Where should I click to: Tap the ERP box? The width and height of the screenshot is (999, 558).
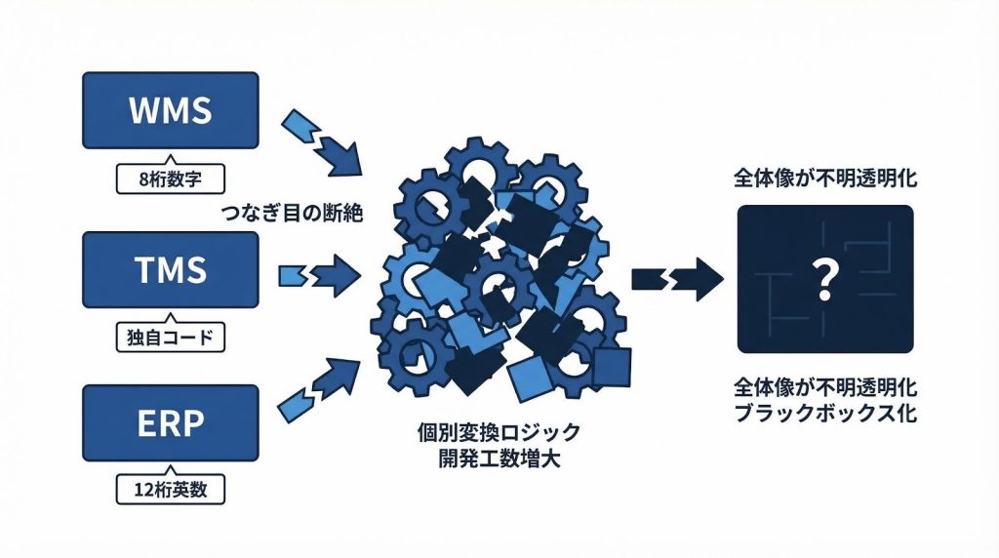coord(170,422)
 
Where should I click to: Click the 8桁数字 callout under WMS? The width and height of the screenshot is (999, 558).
coord(169,179)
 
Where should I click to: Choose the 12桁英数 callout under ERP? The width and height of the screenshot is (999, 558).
coord(169,489)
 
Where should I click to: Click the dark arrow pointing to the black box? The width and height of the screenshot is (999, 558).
coord(677,280)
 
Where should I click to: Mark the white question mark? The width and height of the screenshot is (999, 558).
coord(824,279)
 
